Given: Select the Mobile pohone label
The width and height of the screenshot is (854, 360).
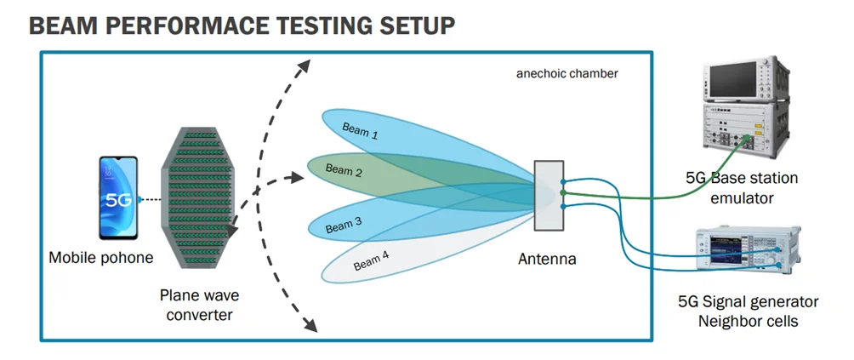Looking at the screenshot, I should coord(101,257).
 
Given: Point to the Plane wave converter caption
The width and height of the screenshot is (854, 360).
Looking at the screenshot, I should coord(200,305).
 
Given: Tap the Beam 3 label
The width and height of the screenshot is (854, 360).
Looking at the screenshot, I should coord(344,226).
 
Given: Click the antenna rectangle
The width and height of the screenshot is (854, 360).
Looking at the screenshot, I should coord(549,194).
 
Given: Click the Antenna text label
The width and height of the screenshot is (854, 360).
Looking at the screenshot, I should coord(547,259).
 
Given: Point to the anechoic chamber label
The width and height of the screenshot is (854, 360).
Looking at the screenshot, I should coord(567,74).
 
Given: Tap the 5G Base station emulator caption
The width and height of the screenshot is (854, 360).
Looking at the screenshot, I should coord(742,187).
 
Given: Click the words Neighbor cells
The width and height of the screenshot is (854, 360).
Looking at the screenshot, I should coord(747,321).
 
